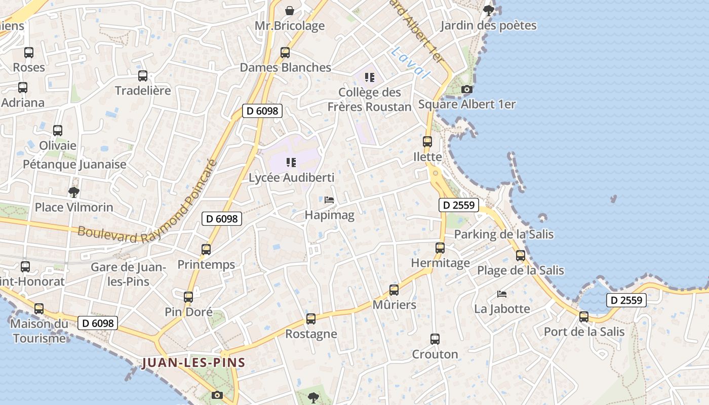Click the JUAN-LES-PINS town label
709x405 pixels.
(x=194, y=362)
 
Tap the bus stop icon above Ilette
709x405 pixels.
(x=427, y=142)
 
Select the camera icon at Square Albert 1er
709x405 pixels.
(x=467, y=90)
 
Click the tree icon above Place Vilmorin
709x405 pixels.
(x=74, y=192)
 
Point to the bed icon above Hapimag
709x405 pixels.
(x=329, y=200)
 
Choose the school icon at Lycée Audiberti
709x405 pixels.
(x=291, y=163)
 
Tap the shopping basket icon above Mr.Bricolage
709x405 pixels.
(x=290, y=10)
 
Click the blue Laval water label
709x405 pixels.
(x=410, y=63)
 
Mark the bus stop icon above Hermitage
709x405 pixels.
(x=440, y=248)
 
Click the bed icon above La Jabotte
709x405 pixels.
(x=502, y=294)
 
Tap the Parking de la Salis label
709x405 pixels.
(x=503, y=234)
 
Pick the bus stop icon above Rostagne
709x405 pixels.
(x=311, y=319)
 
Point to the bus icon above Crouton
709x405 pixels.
(x=435, y=339)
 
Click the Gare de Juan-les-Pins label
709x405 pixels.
(x=128, y=273)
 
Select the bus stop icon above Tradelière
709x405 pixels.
(x=143, y=76)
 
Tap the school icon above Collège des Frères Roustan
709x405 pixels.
(x=370, y=77)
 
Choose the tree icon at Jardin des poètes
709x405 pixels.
(x=488, y=10)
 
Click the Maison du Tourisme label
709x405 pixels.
(x=40, y=331)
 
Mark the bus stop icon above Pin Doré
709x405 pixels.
(x=188, y=297)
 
